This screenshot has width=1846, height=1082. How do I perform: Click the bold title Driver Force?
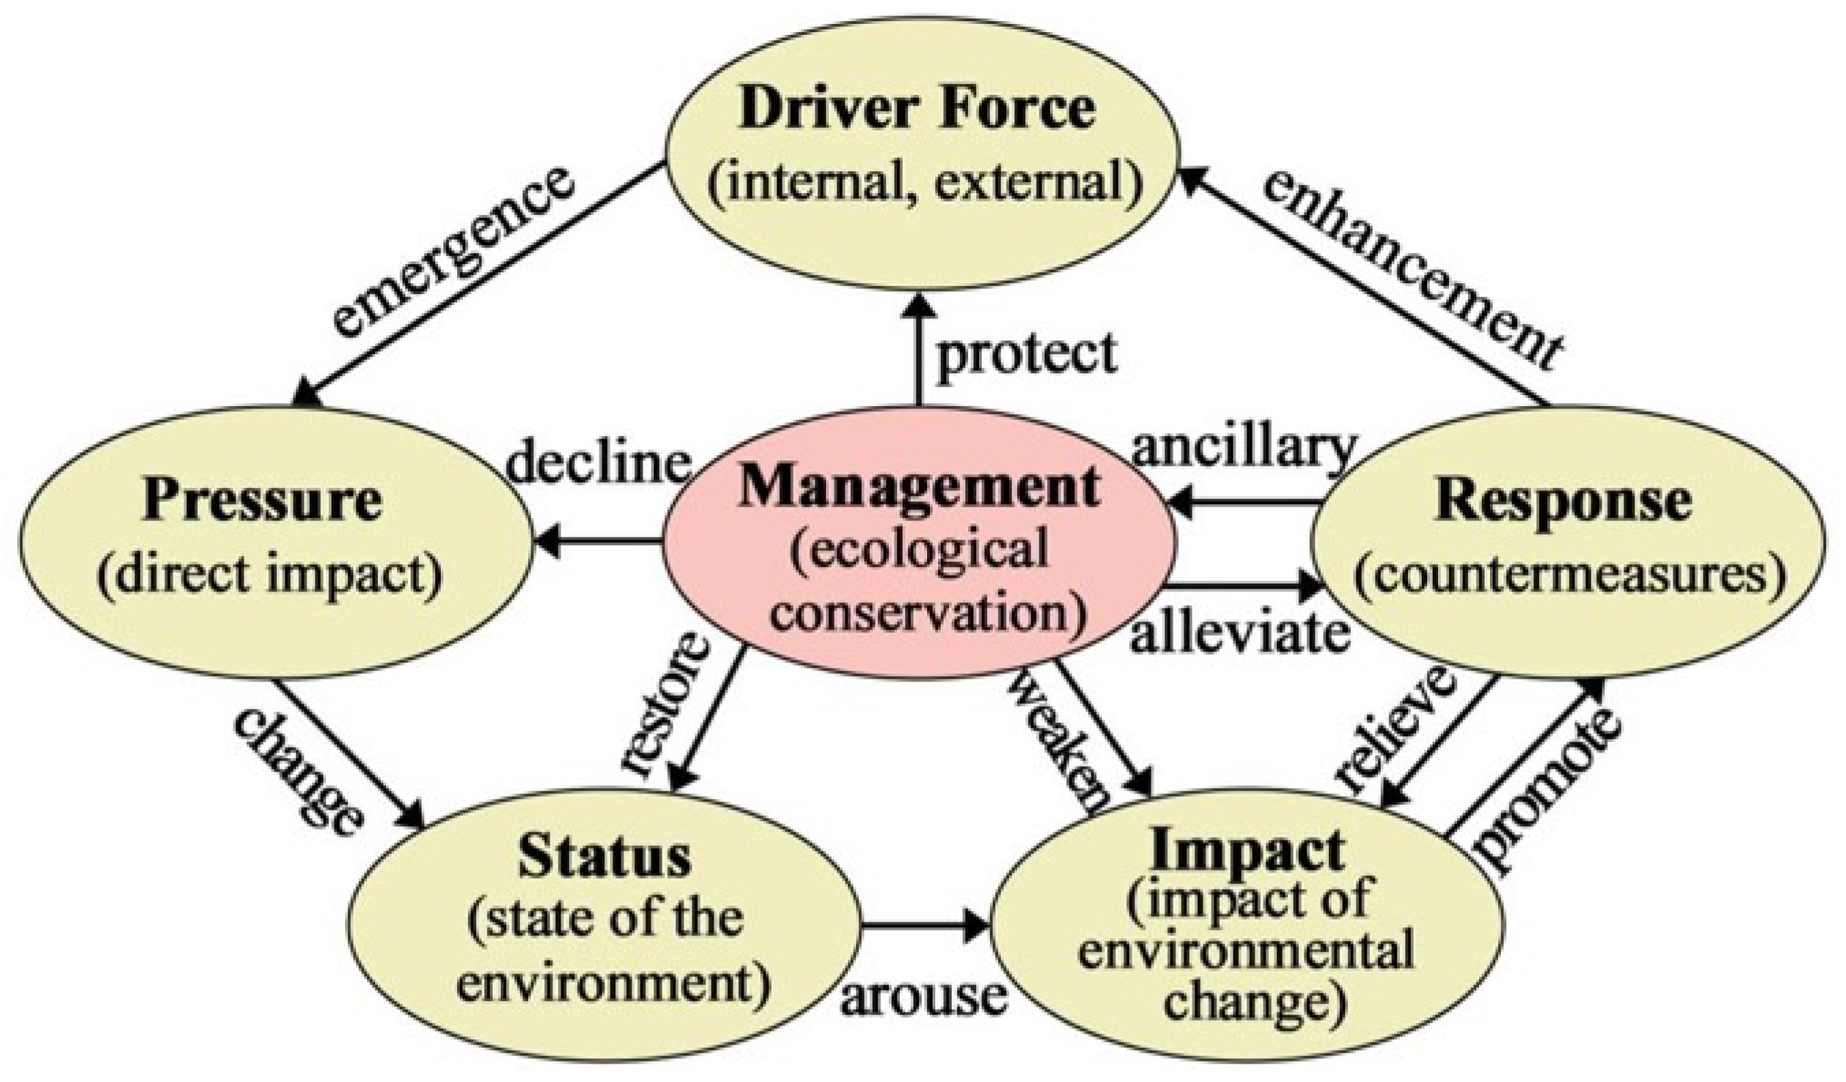[917, 110]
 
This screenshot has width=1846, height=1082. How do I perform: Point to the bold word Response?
[1564, 503]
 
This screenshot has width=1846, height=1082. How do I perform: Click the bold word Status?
[605, 858]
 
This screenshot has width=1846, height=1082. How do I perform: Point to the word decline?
[599, 464]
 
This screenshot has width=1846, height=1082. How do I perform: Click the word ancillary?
[1244, 448]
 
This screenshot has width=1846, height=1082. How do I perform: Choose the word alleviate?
[1240, 634]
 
